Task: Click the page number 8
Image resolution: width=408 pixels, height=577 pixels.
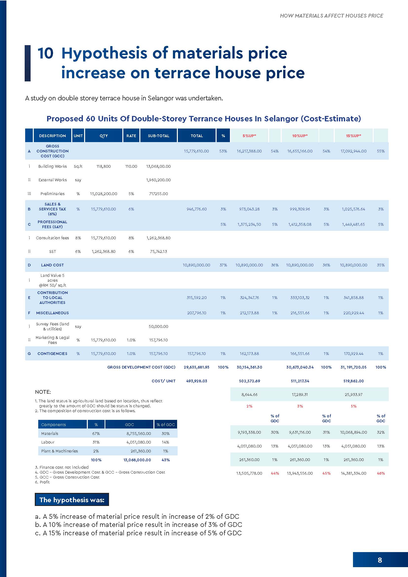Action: (x=380, y=560)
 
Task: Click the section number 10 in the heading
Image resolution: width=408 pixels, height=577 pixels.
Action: (x=45, y=53)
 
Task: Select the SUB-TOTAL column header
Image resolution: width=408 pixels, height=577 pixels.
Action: (x=159, y=136)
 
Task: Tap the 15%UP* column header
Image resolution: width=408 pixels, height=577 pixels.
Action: (x=353, y=136)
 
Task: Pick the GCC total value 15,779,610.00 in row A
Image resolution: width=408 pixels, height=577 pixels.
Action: (x=196, y=151)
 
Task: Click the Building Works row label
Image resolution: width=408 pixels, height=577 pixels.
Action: (x=53, y=166)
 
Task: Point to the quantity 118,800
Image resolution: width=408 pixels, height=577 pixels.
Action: (x=104, y=166)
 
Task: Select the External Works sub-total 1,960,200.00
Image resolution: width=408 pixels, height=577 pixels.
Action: (x=158, y=180)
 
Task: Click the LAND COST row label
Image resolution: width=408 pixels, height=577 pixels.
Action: (x=52, y=265)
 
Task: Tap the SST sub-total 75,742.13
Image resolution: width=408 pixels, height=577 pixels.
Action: (x=158, y=251)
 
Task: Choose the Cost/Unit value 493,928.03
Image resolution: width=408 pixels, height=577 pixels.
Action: (x=196, y=381)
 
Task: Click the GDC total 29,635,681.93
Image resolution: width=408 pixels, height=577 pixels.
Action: (x=196, y=367)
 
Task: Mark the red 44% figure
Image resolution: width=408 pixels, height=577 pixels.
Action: (x=275, y=473)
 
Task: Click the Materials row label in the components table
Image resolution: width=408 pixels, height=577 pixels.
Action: (x=50, y=433)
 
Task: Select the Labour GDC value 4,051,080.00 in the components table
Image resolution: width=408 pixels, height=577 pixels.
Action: (x=139, y=442)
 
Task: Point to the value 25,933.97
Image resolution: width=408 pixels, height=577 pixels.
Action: (x=353, y=394)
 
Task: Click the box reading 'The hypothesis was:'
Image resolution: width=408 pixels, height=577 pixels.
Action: (x=72, y=500)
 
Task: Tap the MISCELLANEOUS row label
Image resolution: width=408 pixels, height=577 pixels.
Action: (x=52, y=313)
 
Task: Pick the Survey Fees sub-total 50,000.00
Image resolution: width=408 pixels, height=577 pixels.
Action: (x=158, y=326)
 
